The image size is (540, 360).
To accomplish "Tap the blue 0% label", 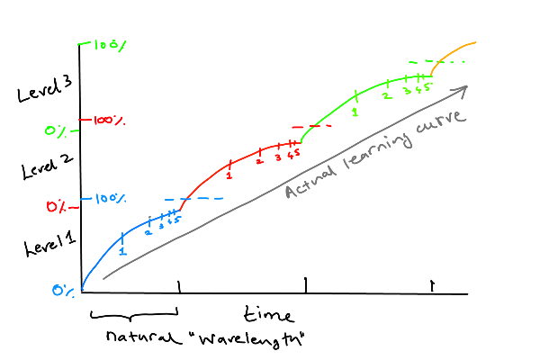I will (62, 290).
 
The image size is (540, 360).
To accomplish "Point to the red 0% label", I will (58, 208).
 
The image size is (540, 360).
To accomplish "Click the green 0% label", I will (57, 132).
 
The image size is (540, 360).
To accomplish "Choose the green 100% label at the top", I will (105, 43).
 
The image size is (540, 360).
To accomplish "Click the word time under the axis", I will (268, 315).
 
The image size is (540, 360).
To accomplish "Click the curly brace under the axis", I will (134, 315).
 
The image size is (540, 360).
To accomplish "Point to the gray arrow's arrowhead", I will (464, 87).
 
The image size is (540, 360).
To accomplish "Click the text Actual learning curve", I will (373, 155).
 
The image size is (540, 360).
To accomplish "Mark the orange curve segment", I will (454, 49).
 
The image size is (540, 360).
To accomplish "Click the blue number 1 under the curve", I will (122, 252).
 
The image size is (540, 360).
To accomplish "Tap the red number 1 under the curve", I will (229, 175).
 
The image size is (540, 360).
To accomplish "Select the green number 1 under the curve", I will (355, 111).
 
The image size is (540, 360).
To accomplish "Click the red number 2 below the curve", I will (259, 160).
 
